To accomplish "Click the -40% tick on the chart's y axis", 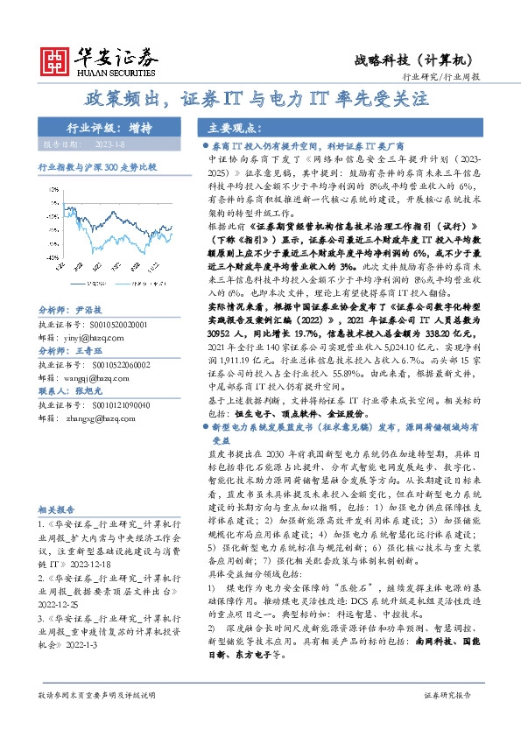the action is (x=53, y=258).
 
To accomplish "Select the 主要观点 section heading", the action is (x=230, y=128).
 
